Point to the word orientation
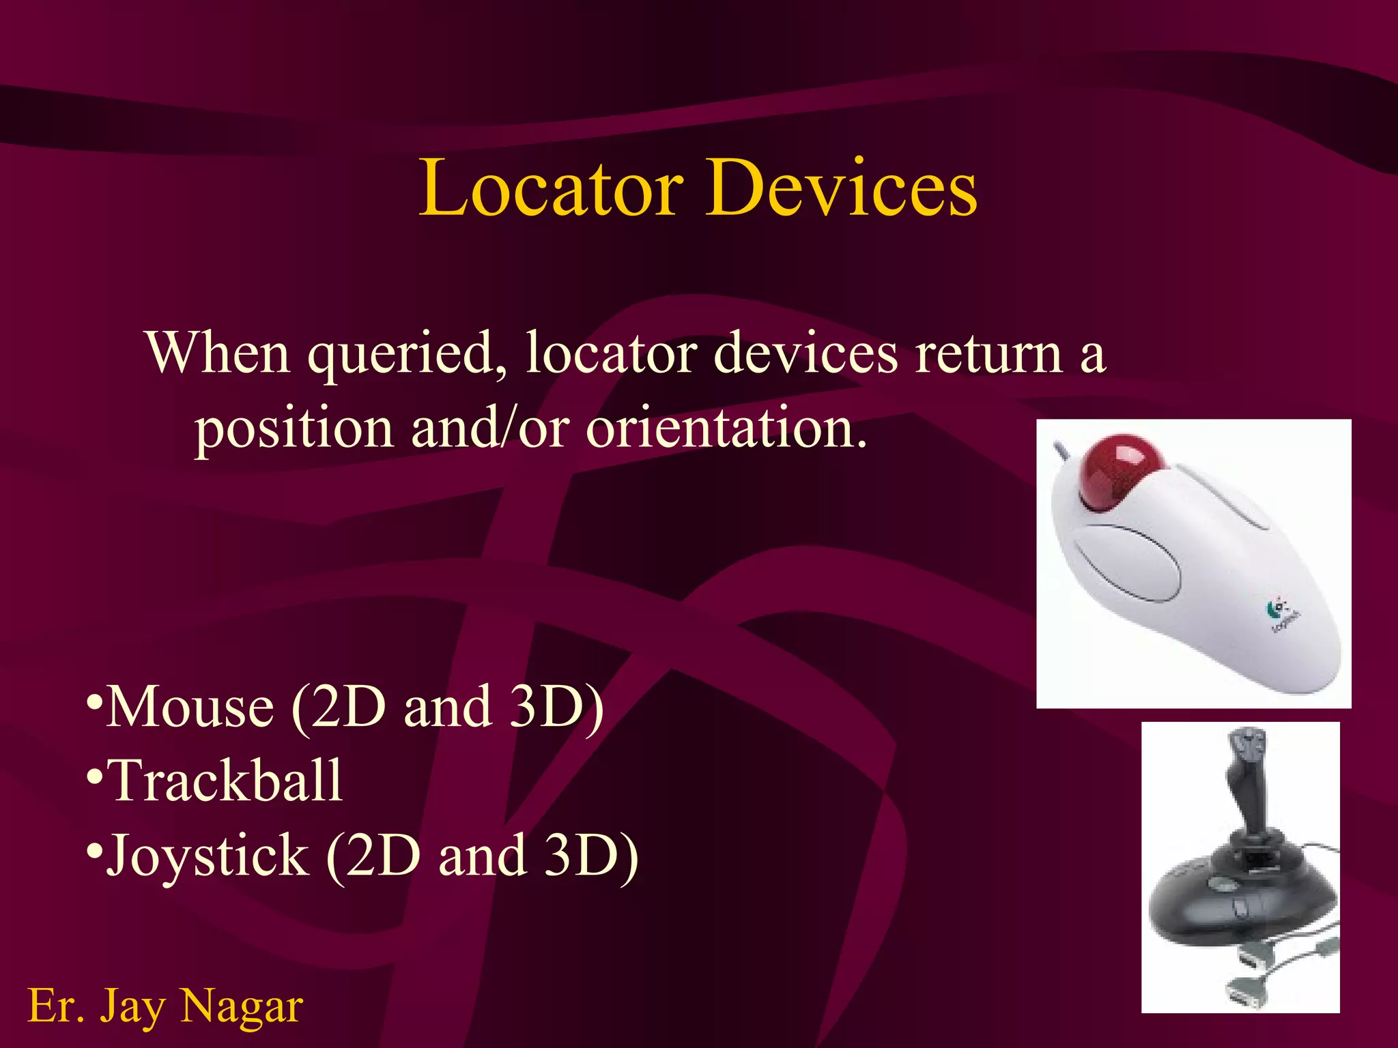727,428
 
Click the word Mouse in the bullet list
190,707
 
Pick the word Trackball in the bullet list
225,781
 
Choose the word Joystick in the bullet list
208,856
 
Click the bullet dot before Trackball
95,776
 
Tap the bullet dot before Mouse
95,701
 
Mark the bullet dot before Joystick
95,851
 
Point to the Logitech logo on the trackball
1281,613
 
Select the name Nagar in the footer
242,1006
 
